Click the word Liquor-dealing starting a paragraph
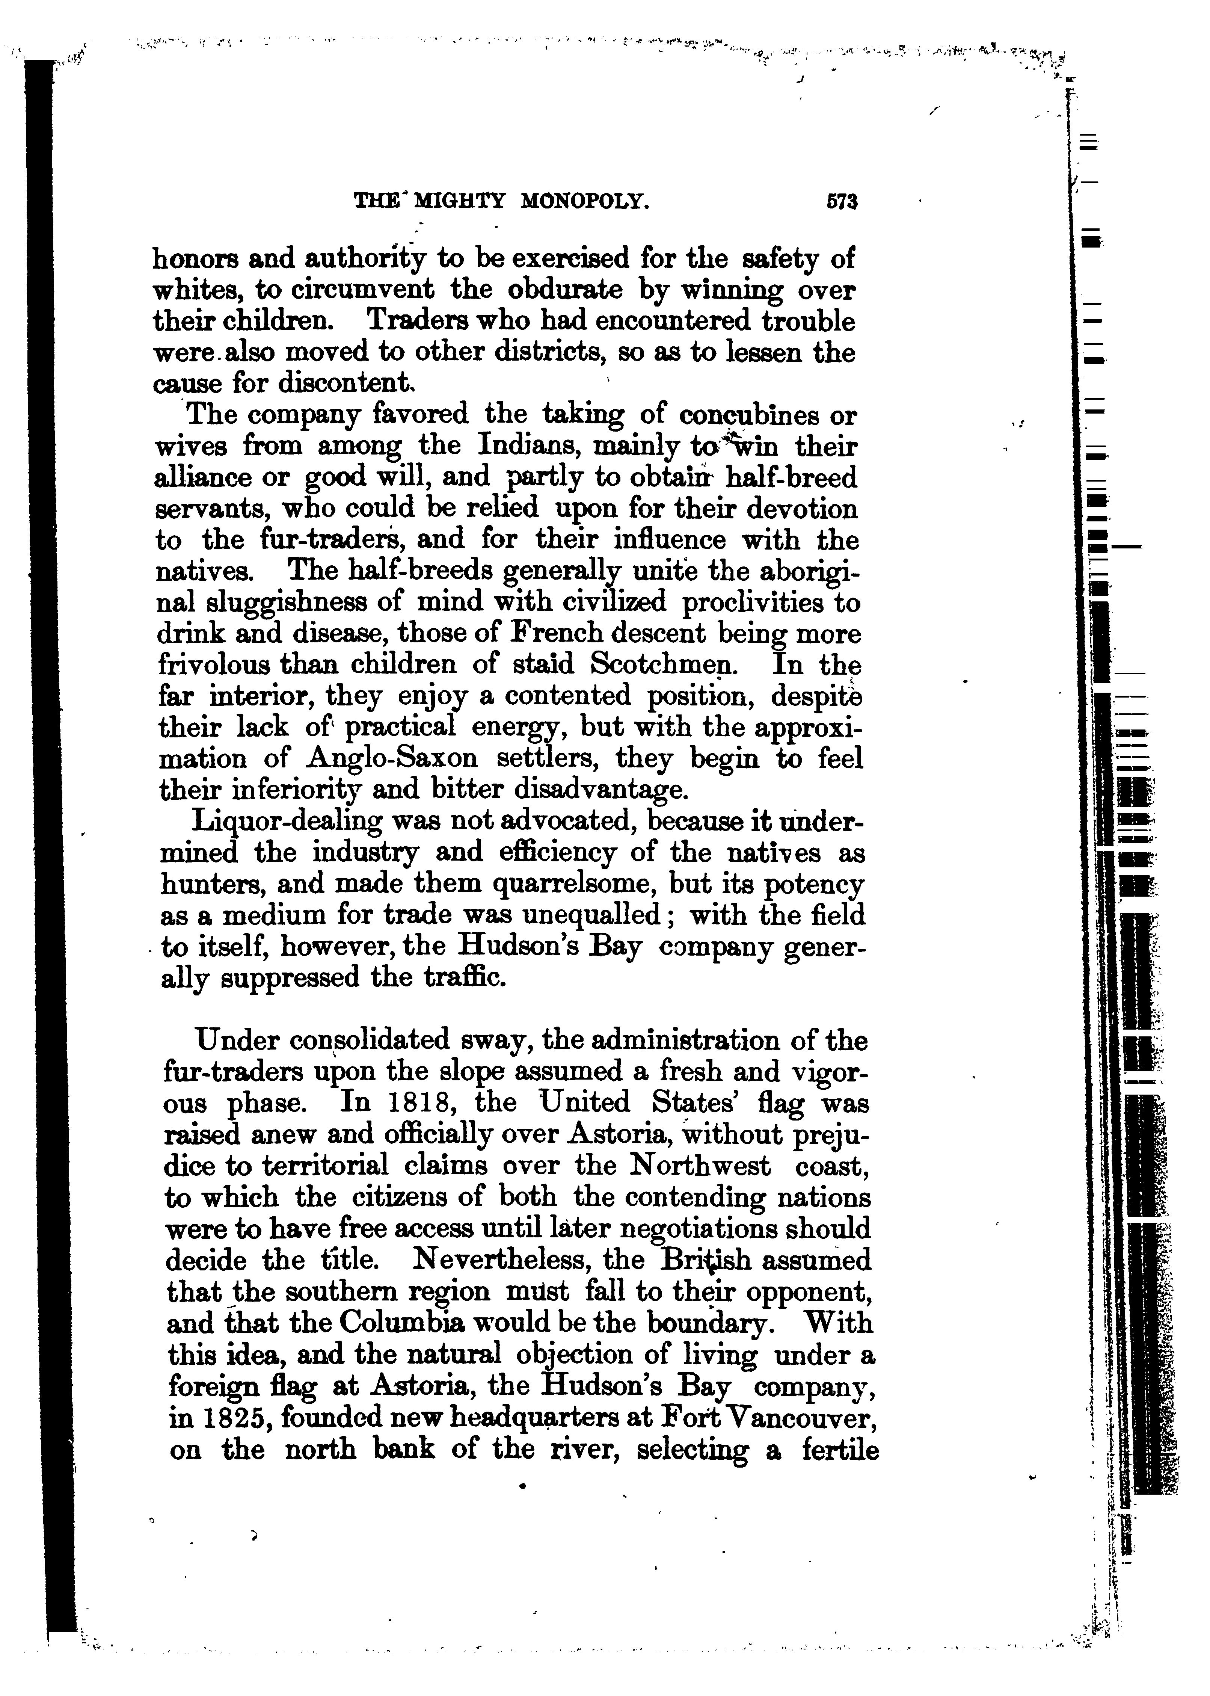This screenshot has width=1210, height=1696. pyautogui.click(x=288, y=822)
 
